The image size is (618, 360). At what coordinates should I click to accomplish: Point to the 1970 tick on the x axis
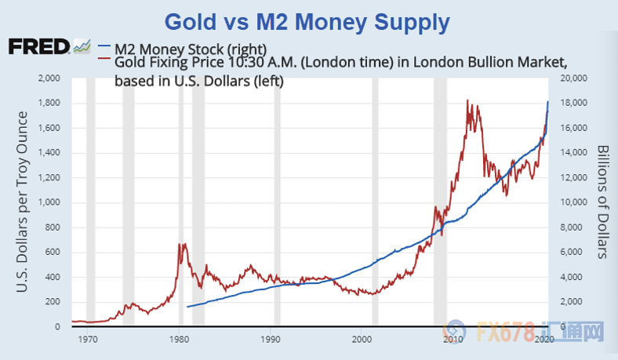(88, 340)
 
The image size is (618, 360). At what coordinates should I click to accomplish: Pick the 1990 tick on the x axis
(271, 340)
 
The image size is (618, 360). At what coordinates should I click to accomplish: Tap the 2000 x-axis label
(362, 340)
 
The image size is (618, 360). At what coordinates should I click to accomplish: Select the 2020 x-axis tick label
(544, 340)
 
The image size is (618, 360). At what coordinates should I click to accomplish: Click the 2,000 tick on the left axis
(49, 78)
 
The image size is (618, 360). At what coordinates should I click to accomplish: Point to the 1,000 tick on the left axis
(49, 202)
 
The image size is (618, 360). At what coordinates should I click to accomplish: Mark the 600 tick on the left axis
(53, 252)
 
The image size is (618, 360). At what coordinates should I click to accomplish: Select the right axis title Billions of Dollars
(603, 202)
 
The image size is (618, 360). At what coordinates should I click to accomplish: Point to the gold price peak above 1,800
(467, 100)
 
